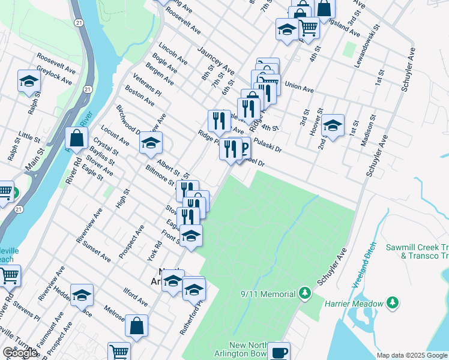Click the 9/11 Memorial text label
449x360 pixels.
coord(268,293)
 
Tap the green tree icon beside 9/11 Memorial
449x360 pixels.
coord(306,293)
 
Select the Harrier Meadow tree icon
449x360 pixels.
coord(393,302)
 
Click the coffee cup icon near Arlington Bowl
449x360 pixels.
coord(279,352)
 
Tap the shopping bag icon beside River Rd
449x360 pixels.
coord(77,138)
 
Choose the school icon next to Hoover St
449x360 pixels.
coord(333,125)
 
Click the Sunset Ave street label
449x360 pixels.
coord(98,250)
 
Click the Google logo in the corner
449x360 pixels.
coord(20,353)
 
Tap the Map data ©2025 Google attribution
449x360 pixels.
coord(412,355)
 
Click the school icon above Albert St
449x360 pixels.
coord(151,143)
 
